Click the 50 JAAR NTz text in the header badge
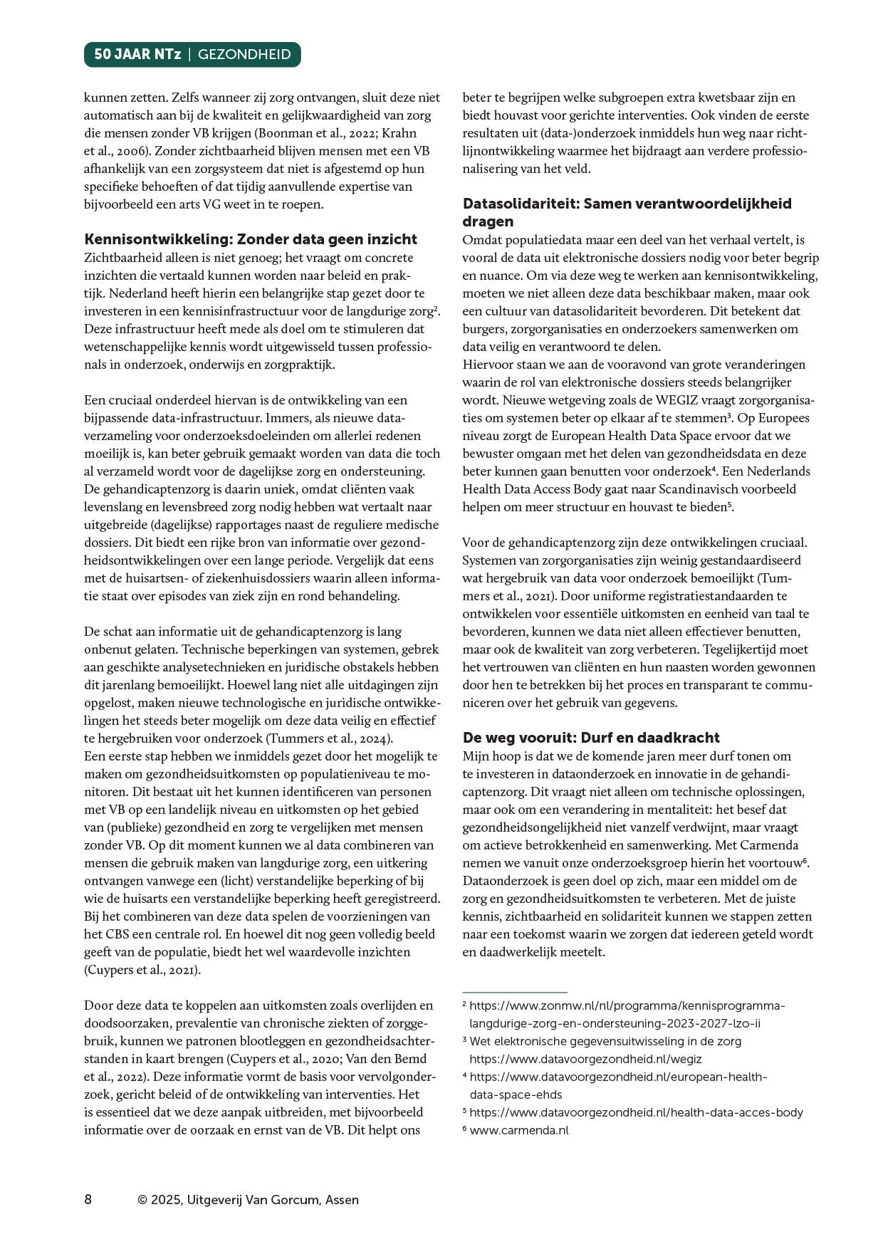(137, 54)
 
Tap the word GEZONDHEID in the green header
(244, 54)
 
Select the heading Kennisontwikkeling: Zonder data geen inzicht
(251, 239)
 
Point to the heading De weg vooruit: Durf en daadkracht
(591, 738)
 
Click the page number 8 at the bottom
(88, 1199)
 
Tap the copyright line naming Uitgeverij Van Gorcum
(249, 1200)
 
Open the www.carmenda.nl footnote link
(519, 1130)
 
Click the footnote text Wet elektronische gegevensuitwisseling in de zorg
(605, 1041)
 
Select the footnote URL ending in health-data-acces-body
(636, 1112)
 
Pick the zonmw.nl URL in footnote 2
(627, 1005)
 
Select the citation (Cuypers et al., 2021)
(142, 970)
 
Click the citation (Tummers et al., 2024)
(329, 738)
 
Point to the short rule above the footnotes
(515, 991)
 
